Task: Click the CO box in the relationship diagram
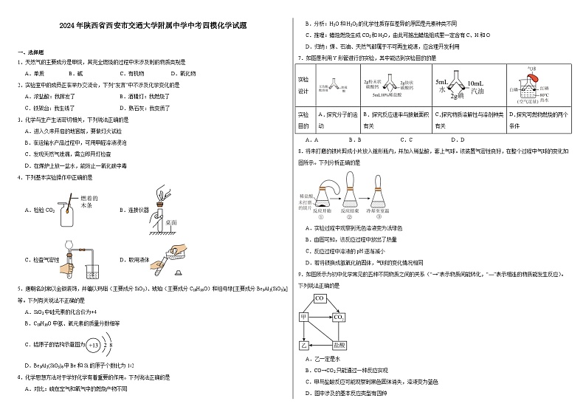click(320, 298)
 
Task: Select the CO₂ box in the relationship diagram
click(339, 317)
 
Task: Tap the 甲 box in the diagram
click(303, 317)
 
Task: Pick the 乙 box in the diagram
click(303, 344)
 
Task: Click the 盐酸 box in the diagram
click(339, 344)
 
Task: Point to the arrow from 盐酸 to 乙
click(320, 344)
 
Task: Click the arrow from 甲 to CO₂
click(320, 317)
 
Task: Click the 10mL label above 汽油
click(465, 83)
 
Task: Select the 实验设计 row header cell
click(304, 85)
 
